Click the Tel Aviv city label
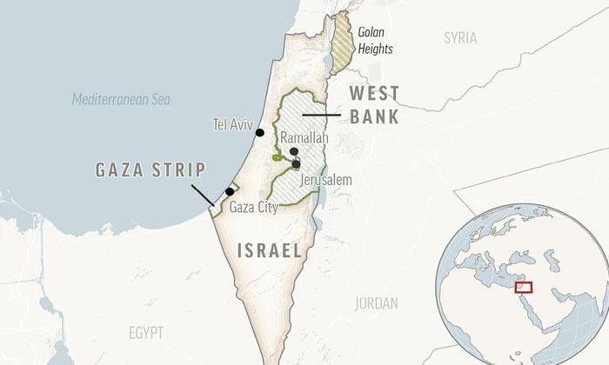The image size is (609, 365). (230, 124)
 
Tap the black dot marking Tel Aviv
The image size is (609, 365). (259, 132)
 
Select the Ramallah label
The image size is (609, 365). (304, 138)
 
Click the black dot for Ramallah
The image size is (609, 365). (294, 151)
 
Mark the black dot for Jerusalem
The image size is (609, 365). (297, 163)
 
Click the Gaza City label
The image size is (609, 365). (254, 208)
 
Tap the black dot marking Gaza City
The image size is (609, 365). (230, 191)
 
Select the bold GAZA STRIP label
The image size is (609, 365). (150, 169)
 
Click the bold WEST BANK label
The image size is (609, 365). (374, 105)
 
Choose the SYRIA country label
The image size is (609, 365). (460, 37)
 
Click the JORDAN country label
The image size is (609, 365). (377, 303)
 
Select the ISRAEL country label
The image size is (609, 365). (269, 251)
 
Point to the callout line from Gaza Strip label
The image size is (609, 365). (200, 193)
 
